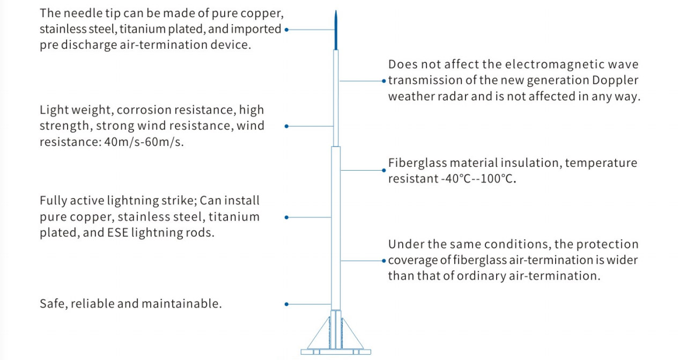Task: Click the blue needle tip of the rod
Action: (x=336, y=32)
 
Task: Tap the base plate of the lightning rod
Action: (x=336, y=351)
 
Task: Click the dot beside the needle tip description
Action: (x=286, y=30)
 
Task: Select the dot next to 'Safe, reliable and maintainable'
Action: (x=286, y=304)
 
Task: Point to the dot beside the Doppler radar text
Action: (x=384, y=81)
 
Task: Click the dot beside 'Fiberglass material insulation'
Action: (x=384, y=170)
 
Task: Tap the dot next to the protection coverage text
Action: (x=384, y=261)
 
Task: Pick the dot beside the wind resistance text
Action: (x=286, y=126)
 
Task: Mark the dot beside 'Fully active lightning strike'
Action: (x=286, y=217)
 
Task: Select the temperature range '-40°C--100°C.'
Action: (x=479, y=179)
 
